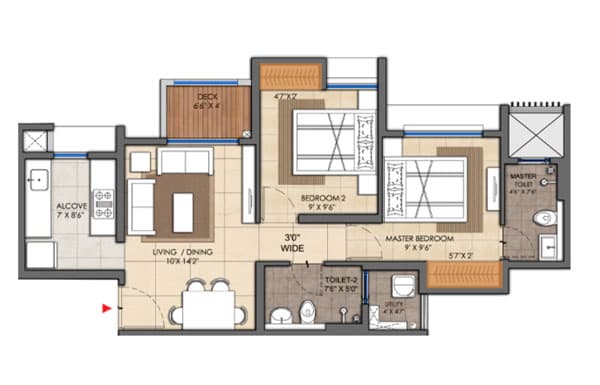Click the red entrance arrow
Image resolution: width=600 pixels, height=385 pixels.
(105, 308)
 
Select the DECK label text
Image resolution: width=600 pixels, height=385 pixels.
(207, 96)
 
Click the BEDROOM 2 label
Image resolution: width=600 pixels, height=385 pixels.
(322, 199)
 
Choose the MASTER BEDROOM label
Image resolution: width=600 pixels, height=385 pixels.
(420, 239)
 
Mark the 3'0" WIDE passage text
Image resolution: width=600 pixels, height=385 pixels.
(292, 240)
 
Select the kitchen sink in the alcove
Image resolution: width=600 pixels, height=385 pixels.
(38, 182)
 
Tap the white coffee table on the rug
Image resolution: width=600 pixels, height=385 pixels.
(182, 211)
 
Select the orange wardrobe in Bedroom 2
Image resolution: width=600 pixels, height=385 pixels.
(289, 76)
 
